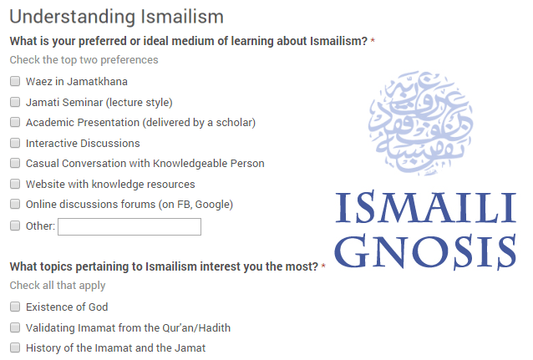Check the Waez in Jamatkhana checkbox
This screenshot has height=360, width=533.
coord(15,82)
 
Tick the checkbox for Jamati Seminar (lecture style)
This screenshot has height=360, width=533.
coord(15,102)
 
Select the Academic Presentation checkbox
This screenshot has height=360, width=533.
coord(15,123)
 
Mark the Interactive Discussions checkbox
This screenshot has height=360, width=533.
coord(15,143)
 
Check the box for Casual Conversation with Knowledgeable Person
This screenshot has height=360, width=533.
coord(15,164)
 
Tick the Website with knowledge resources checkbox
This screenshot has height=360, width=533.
coord(15,184)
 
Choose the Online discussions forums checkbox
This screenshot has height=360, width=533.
coord(15,204)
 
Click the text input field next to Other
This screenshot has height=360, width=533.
coord(129,226)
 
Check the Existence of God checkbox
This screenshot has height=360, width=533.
coord(15,307)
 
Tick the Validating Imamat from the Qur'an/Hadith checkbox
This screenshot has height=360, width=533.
coord(15,327)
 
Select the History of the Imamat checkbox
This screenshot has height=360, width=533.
coord(15,347)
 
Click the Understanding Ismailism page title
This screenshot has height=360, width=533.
coord(116,15)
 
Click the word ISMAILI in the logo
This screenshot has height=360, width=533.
coord(426,208)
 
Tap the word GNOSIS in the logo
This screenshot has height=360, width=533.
coord(426,250)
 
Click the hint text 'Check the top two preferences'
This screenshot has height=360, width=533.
coord(84,59)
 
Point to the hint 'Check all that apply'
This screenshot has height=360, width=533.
coord(58,285)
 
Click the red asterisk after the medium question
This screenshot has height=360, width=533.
coord(373,41)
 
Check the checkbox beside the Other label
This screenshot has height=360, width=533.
coord(15,226)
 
